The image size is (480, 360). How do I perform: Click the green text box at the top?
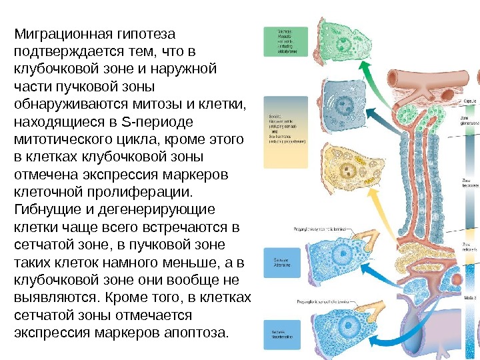(x=285, y=42)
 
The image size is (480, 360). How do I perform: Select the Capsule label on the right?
(x=470, y=101)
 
